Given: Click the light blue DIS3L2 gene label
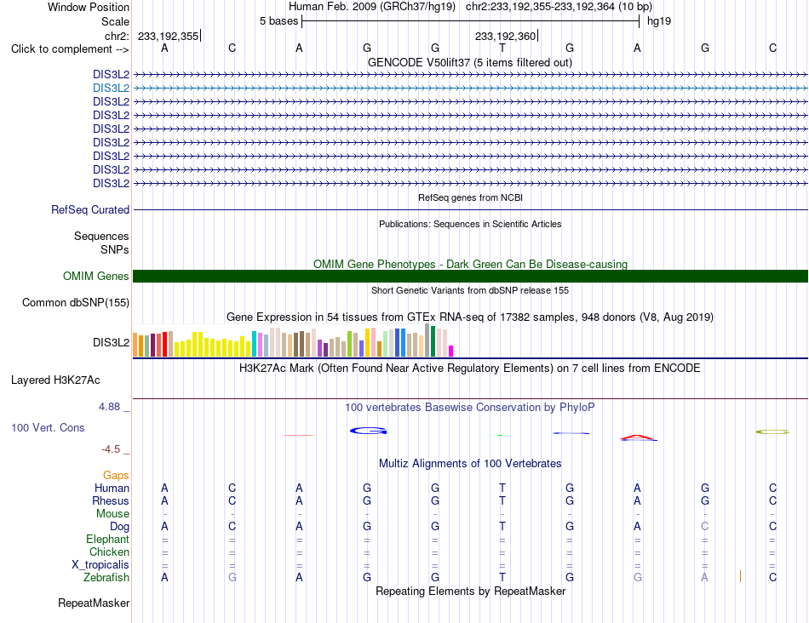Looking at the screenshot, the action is pos(111,89).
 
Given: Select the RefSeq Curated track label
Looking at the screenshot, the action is pos(90,210).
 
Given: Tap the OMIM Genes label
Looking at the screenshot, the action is pos(96,276).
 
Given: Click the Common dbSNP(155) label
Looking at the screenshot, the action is pos(76,303).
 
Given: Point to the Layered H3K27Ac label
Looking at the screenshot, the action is pos(55,380).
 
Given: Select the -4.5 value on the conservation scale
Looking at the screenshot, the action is pos(111,449).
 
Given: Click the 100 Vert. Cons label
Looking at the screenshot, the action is pos(48,427).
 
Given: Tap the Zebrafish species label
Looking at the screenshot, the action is pos(106,578).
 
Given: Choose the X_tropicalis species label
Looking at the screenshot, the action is pos(100,565).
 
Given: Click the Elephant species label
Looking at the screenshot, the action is pos(108,539).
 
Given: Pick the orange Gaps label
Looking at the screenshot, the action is pos(116,475).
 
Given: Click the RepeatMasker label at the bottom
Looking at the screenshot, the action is pos(94,603).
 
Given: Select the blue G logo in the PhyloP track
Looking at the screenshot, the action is pos(369,431).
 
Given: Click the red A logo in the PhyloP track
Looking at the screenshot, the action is pos(639,437).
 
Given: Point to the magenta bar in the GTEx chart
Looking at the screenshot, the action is pos(451,352).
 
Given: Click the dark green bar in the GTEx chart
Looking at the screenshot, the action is pos(433,341).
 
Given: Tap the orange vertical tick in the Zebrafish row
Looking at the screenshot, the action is pos(740,576).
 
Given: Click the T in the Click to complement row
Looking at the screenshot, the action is pos(502,48).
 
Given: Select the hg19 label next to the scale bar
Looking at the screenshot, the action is pos(659,21).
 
